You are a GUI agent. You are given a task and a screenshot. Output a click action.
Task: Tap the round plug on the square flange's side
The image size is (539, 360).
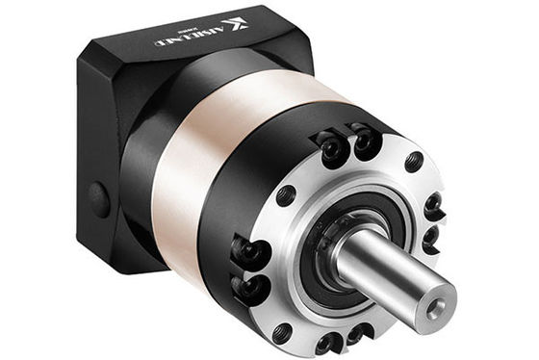coord(98,199)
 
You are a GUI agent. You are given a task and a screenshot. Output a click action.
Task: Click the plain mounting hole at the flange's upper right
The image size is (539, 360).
coord(414,161)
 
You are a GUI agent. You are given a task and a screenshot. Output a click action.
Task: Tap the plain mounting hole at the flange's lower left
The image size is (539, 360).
coord(282,332)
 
